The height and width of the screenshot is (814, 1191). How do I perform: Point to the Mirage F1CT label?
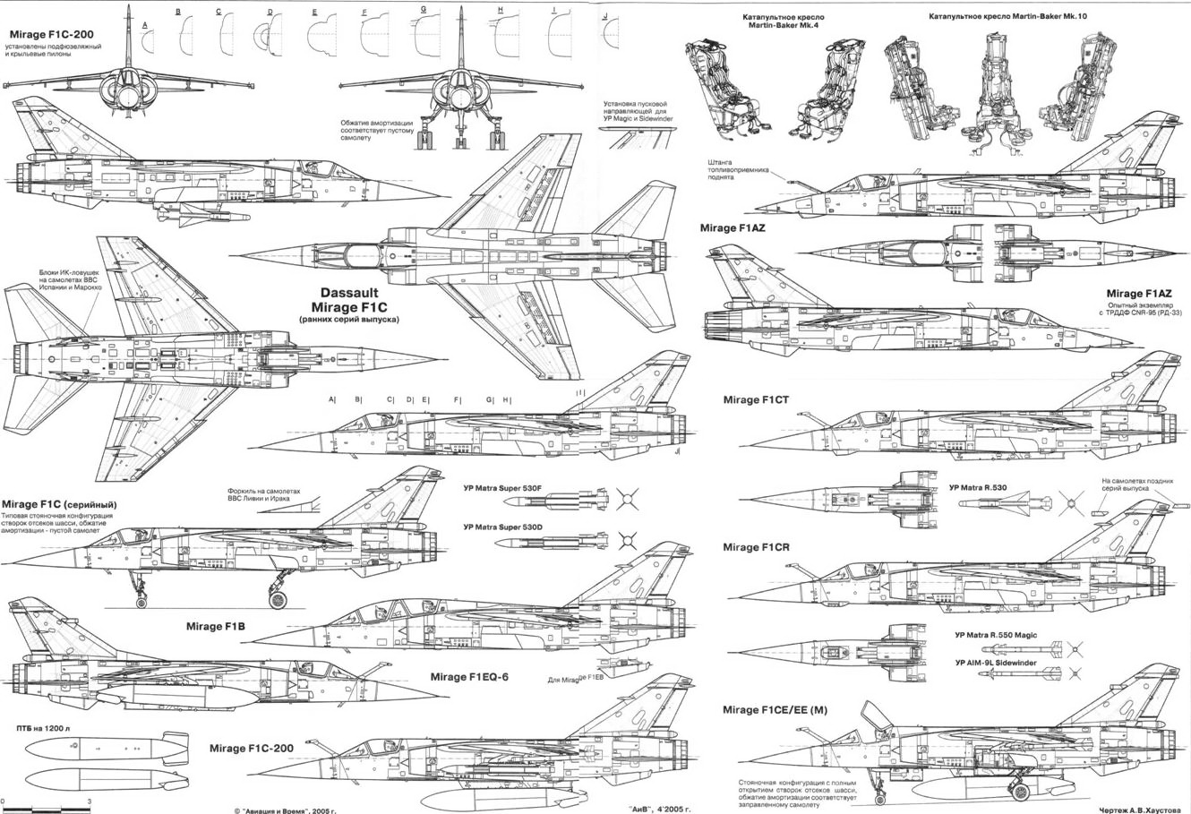tap(756, 399)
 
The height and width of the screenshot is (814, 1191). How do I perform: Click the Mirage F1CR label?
tap(756, 547)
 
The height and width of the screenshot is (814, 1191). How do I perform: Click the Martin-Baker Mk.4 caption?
tap(784, 21)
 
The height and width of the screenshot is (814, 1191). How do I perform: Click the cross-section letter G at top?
tap(423, 10)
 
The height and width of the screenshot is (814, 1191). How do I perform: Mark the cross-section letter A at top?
tap(145, 26)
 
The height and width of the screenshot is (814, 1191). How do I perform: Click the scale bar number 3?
tap(89, 799)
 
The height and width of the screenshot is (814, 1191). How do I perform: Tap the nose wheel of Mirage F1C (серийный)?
tap(141, 602)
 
